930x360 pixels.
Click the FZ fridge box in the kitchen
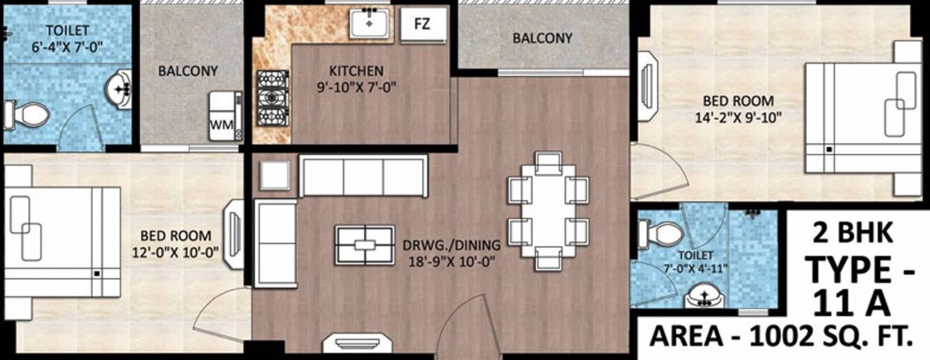pyautogui.click(x=422, y=25)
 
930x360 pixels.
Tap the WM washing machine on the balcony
pyautogui.click(x=226, y=116)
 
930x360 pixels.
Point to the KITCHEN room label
pyautogui.click(x=356, y=71)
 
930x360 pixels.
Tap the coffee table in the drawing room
pyautogui.click(x=365, y=245)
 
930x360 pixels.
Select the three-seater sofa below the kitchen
pyautogui.click(x=363, y=176)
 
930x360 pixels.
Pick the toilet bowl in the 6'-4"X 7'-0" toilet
pyautogui.click(x=26, y=114)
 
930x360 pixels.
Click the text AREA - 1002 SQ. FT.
pyautogui.click(x=780, y=336)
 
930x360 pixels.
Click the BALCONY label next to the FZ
pyautogui.click(x=542, y=38)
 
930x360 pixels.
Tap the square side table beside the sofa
pyautogui.click(x=275, y=175)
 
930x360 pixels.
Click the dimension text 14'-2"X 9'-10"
pyautogui.click(x=739, y=117)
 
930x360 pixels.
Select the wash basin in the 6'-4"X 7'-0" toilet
pyautogui.click(x=120, y=89)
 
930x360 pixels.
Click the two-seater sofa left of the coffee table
pyautogui.click(x=276, y=242)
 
